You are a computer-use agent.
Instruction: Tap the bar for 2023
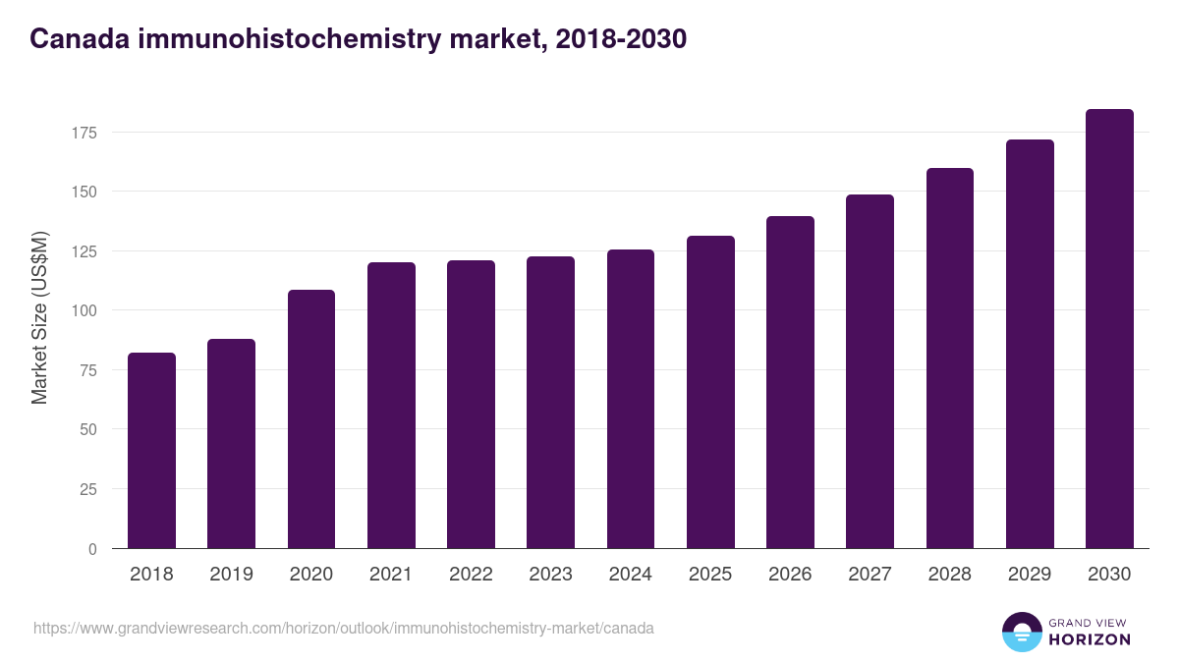point(550,402)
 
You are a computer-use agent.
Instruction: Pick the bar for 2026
point(790,382)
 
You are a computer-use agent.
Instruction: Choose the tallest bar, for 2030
point(1109,328)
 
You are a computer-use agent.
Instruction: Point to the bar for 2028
point(950,358)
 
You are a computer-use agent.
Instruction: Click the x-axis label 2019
point(231,575)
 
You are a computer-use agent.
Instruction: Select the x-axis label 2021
point(391,575)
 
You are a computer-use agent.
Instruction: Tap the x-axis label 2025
point(710,575)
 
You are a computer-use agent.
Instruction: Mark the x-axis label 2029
point(1030,575)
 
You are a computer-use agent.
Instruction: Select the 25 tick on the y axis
point(87,489)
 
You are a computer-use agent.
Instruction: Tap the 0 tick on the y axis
point(92,549)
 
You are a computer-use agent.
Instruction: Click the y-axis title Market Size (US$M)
point(39,317)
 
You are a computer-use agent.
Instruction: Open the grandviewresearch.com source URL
point(343,628)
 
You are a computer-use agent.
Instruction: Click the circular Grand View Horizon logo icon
point(1021,632)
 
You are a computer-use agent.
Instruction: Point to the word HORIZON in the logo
point(1090,639)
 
